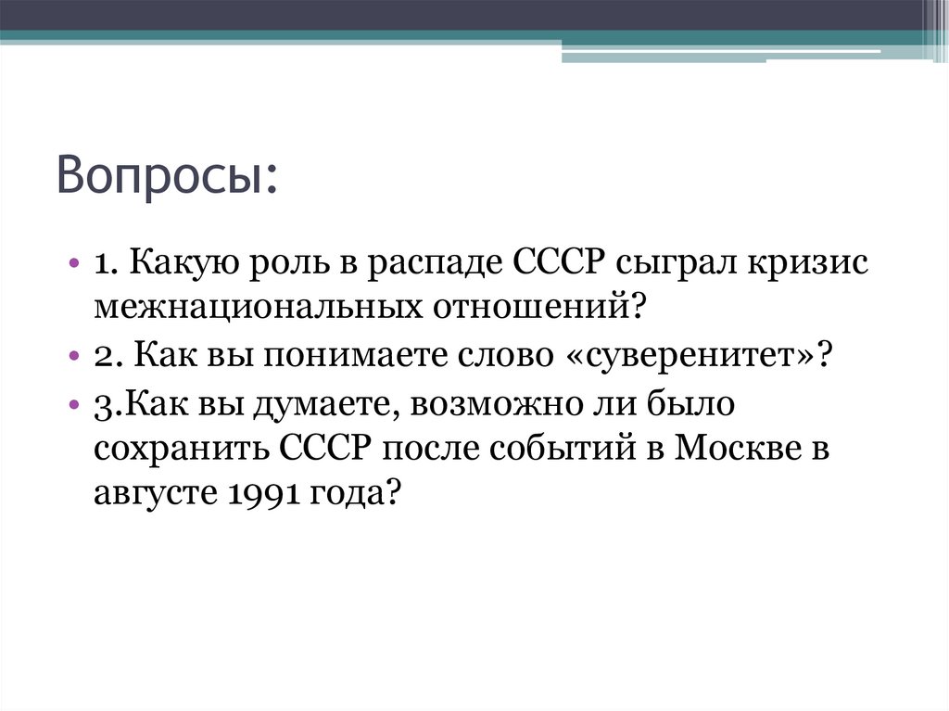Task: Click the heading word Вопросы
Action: (x=166, y=174)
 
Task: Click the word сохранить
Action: (x=178, y=449)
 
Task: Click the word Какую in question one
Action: (x=181, y=263)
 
